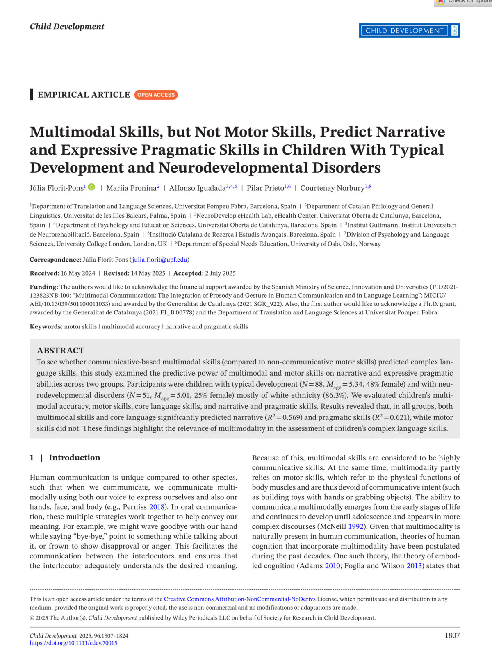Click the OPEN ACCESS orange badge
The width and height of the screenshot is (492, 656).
point(156,95)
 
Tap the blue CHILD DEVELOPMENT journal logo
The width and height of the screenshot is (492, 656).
point(409,31)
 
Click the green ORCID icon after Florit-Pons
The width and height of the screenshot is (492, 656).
point(91,187)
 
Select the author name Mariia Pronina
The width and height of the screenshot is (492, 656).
point(131,188)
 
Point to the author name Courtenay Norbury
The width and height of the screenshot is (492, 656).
point(332,188)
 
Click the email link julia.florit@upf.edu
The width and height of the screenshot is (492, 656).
point(159,260)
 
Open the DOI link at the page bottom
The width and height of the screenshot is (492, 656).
point(73,643)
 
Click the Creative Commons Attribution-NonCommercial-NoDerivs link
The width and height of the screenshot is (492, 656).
point(239,599)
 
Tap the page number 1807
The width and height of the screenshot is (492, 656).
point(452,635)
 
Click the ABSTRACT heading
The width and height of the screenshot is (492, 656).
point(61,351)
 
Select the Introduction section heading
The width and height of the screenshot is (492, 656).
point(74,458)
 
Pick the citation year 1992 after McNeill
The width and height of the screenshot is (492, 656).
point(356,526)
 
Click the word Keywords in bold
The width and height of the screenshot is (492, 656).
point(46,326)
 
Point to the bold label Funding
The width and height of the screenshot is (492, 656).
point(43,287)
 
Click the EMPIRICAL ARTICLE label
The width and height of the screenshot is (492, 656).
point(84,95)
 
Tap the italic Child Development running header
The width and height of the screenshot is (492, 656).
point(67,27)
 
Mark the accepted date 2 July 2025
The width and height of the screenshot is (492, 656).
point(220,273)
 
